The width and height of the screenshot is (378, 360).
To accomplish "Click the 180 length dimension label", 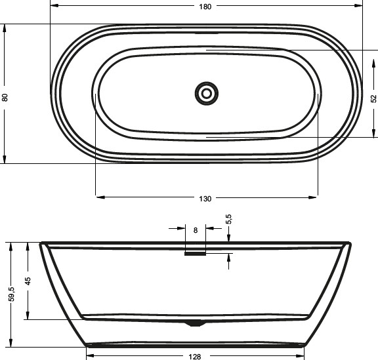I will click(x=205, y=7).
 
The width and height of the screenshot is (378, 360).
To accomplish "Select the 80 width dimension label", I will click(x=6, y=97).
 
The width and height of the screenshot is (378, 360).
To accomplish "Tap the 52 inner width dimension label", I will click(x=373, y=98).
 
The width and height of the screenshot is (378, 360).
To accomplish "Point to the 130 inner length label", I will click(x=205, y=199).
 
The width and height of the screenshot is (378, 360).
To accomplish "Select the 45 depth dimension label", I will click(x=28, y=281).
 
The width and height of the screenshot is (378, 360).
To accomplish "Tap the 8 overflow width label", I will click(x=196, y=230).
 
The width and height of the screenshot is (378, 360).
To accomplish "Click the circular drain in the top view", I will click(x=207, y=93).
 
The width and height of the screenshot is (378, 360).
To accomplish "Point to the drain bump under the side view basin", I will click(x=195, y=323).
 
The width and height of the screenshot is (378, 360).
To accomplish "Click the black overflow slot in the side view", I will click(x=195, y=254).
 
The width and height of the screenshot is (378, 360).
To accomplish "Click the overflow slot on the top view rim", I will click(x=207, y=31).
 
